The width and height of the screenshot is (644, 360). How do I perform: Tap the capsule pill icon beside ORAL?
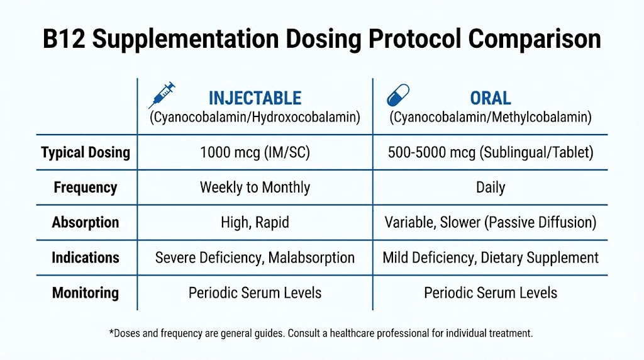click(x=397, y=95)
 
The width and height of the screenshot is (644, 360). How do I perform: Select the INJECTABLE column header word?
click(x=255, y=98)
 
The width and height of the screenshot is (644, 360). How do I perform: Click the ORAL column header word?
click(x=491, y=98)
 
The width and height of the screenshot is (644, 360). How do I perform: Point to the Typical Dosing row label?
click(x=86, y=152)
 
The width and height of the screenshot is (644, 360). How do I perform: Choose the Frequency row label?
click(x=86, y=188)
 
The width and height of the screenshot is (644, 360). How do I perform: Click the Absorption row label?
click(x=86, y=223)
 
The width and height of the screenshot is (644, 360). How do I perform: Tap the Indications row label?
click(x=86, y=257)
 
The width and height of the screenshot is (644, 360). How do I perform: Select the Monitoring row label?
click(x=86, y=293)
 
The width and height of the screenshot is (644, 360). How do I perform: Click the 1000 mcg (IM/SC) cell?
click(x=255, y=152)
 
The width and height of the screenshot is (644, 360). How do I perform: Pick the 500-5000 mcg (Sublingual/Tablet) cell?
click(x=491, y=152)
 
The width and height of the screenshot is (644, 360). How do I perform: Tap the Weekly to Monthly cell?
click(x=255, y=188)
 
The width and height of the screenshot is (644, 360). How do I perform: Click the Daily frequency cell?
click(x=491, y=188)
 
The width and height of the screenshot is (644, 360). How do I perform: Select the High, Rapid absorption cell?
click(x=255, y=223)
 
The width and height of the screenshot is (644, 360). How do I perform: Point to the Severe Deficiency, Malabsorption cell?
click(x=255, y=257)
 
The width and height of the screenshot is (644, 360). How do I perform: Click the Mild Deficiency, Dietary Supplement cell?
click(x=491, y=257)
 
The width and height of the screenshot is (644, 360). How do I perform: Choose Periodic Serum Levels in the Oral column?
click(x=491, y=293)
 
